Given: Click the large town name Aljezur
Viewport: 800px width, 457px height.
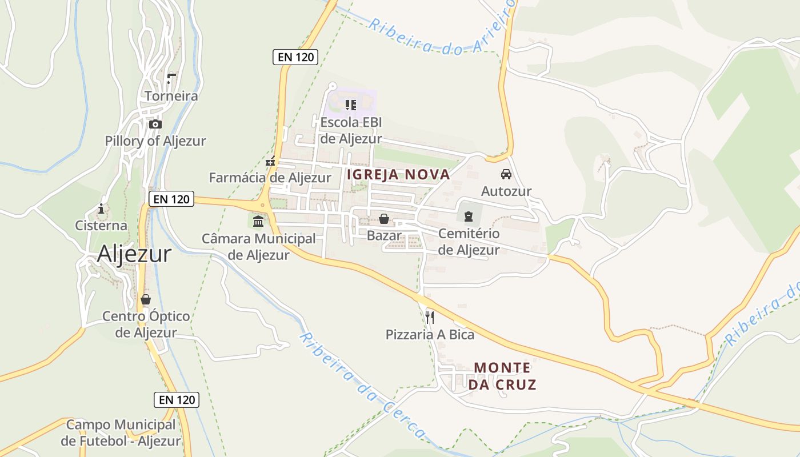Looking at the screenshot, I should point(134,254).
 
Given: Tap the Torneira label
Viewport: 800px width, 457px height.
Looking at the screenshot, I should point(171,96).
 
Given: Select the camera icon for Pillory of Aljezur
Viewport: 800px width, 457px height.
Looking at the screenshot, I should point(155,124).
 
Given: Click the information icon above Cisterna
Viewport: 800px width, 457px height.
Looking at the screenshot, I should point(101,209).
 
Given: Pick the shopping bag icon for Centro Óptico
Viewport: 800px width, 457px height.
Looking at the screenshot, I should point(146,299).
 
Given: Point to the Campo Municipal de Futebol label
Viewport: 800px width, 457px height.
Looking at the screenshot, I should point(121,432).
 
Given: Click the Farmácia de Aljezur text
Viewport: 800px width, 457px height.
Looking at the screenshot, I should point(270,178).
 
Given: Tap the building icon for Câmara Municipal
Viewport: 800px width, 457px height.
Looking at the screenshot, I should point(258,221).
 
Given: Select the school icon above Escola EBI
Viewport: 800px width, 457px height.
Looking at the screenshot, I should point(350,105).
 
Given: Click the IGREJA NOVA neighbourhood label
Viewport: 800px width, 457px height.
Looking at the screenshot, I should point(398,175).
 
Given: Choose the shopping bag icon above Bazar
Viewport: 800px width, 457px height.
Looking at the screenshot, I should point(383,219).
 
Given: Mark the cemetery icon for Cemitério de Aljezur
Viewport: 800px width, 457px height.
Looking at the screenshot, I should point(469,216).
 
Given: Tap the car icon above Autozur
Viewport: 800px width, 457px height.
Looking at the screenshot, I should point(506,174).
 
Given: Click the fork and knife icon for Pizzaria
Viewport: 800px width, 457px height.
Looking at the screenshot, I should point(430,317).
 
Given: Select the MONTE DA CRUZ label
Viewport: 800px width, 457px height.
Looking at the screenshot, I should point(502,375).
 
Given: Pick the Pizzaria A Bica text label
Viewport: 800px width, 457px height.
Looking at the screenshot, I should point(430,335).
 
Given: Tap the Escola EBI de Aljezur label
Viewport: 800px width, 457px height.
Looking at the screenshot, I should point(350,130).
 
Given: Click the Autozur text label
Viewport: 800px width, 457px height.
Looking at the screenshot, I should point(506,191).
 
